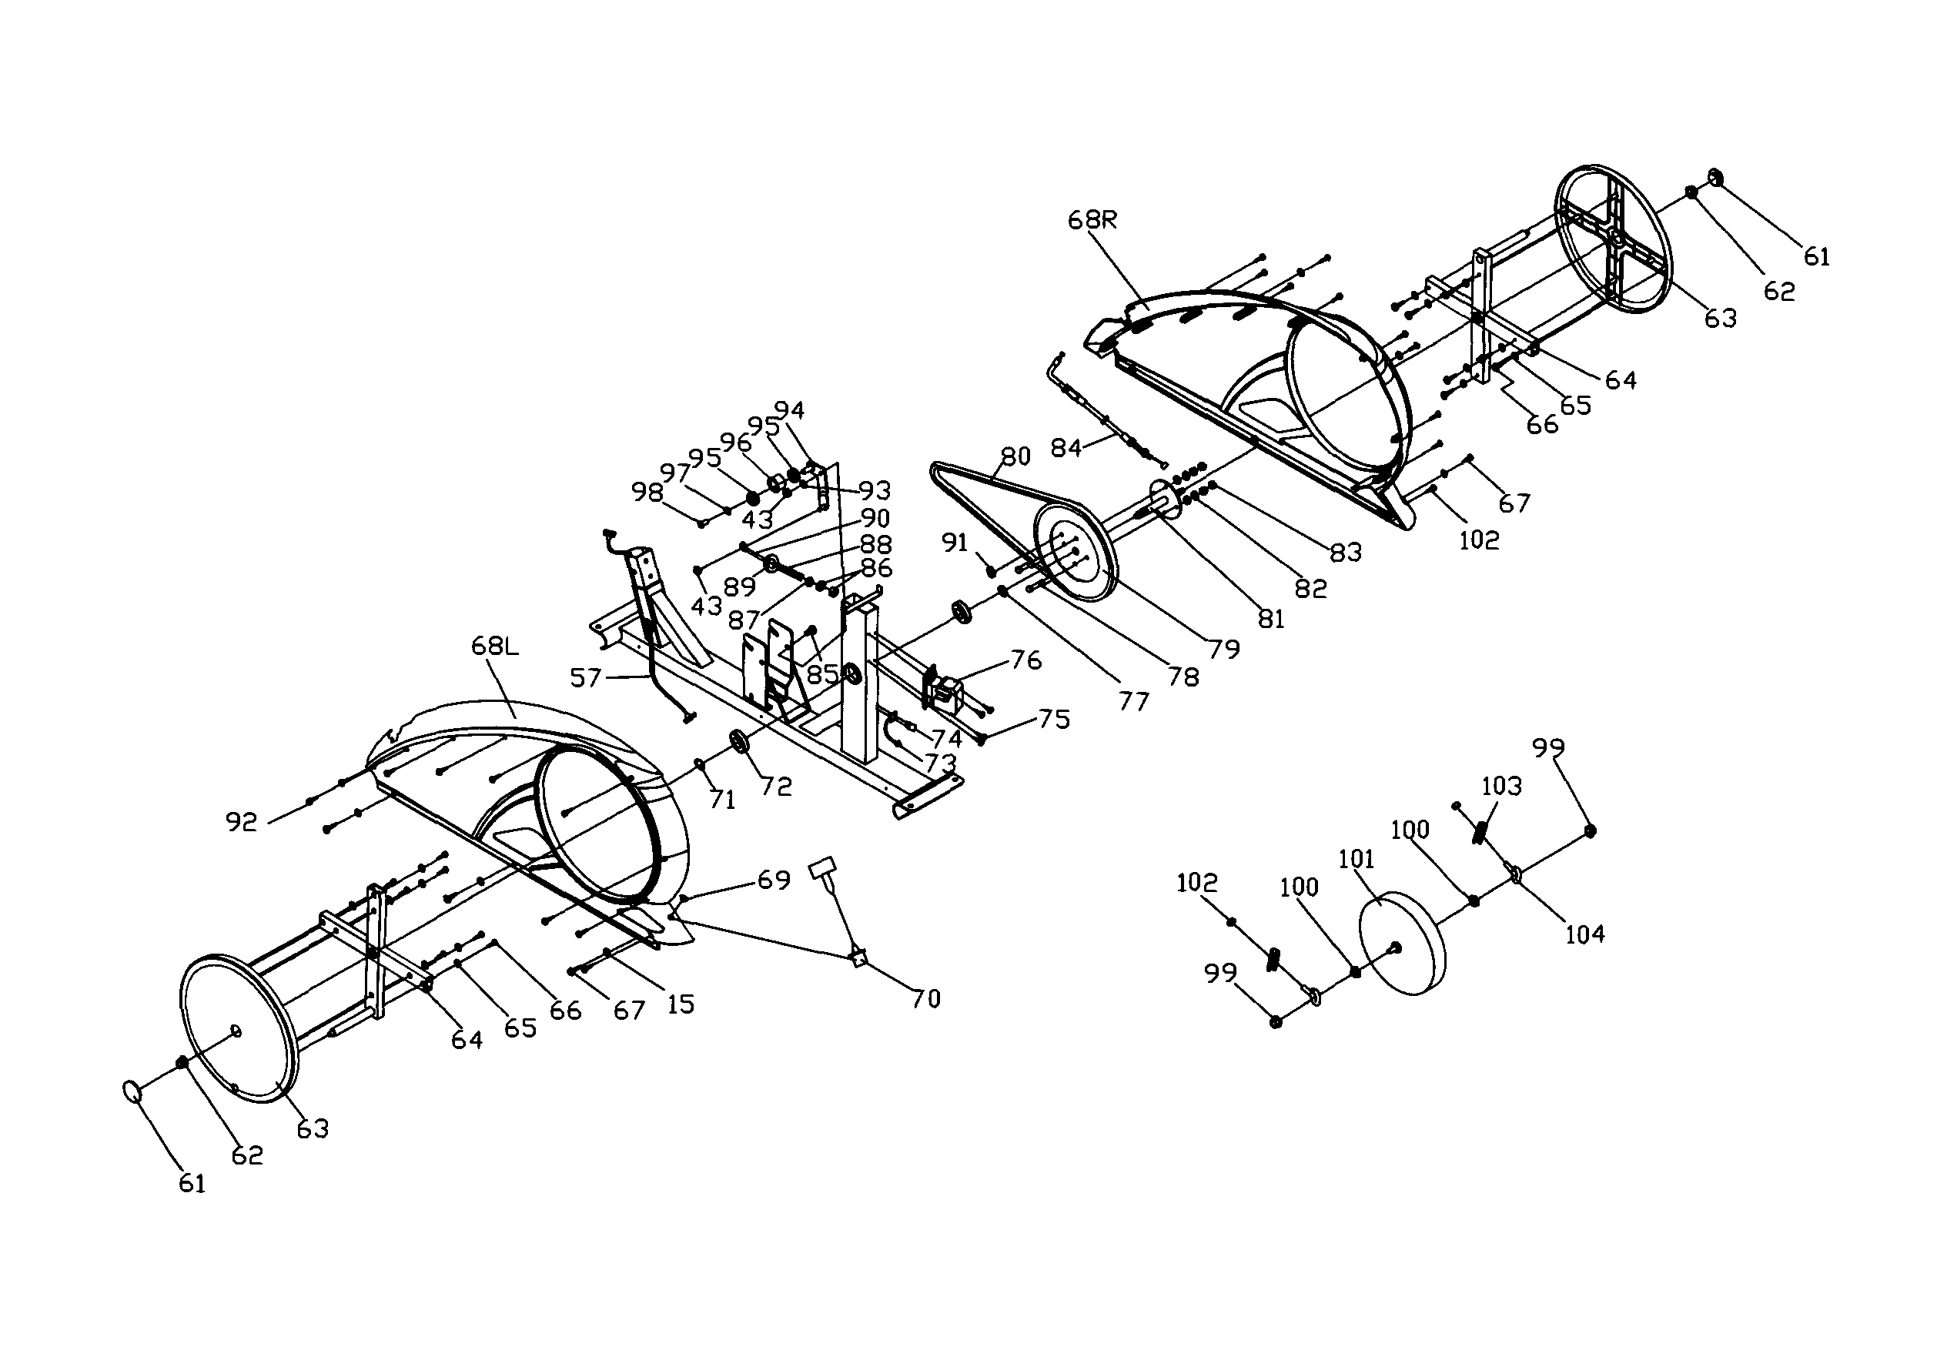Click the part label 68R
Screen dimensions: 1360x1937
tap(1092, 221)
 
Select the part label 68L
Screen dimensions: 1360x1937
tap(494, 647)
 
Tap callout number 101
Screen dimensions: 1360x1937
tap(1357, 860)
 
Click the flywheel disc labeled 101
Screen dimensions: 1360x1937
tap(1402, 944)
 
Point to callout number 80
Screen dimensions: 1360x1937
tap(1015, 456)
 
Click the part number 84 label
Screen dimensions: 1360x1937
tap(1066, 448)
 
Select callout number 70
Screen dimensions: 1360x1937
tap(925, 999)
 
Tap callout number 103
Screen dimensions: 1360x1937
tap(1502, 787)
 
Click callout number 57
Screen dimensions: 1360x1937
tap(585, 677)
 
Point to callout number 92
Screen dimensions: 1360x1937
tap(241, 822)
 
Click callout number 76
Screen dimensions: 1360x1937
tap(1026, 660)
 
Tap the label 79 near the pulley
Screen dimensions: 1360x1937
tap(1224, 649)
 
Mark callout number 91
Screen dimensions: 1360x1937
tap(954, 543)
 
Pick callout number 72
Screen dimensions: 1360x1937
tap(776, 787)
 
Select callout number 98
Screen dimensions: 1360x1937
tap(647, 492)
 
